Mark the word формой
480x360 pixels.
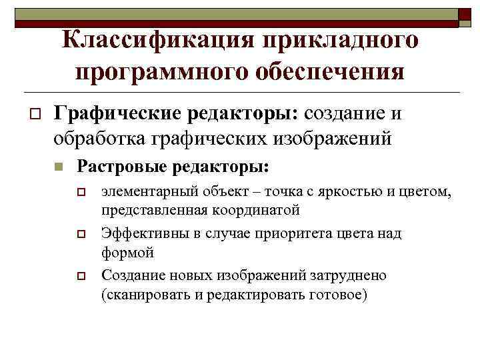point(127,253)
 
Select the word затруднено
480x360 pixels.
point(344,275)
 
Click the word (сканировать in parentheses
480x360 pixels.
point(141,295)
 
